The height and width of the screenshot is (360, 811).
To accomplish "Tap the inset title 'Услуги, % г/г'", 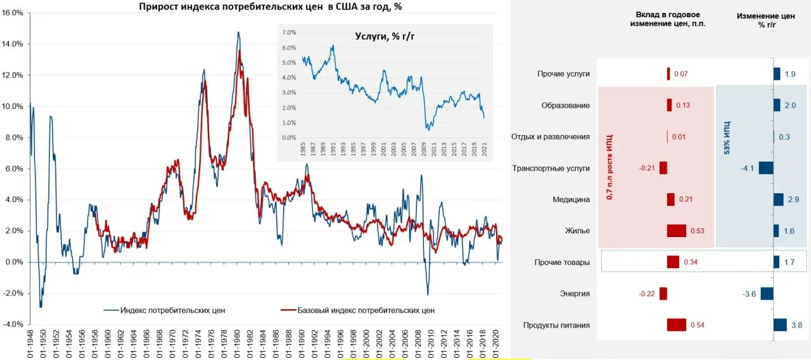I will pos(385,36).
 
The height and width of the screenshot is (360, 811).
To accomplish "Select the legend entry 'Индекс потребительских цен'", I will pos(165,310).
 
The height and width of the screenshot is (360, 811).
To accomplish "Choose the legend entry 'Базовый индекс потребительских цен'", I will pos(357,310).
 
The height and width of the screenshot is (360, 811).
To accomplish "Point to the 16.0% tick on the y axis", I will pos(13,13).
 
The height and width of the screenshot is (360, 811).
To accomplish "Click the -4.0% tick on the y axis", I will pos(13,325).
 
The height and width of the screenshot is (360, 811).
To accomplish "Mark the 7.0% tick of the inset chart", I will pos(289,32).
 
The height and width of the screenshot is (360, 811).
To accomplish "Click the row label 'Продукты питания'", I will pos(556,325).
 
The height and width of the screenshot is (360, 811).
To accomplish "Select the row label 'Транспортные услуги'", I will pos(551,168).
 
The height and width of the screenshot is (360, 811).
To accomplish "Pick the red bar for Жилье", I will pos(676,231).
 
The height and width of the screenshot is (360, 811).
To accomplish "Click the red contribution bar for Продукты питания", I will pos(676,325).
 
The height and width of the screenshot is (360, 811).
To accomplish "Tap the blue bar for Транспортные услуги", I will pos(766,168).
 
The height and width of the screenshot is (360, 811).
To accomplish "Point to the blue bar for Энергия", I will pos(767,293).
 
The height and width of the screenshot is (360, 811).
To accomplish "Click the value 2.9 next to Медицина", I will pos(793,200).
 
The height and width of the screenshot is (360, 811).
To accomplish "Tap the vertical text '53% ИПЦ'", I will pos(726,136).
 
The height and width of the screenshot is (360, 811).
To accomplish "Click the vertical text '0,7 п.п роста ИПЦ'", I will pos(610,167).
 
